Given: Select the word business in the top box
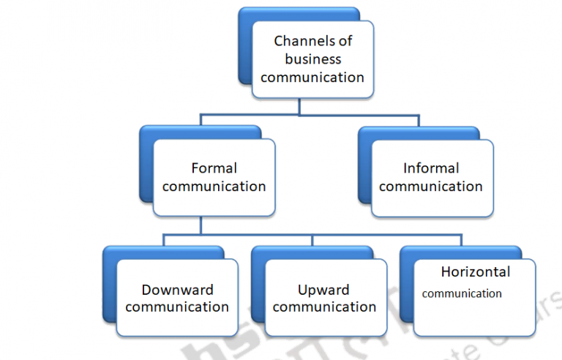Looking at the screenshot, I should click(312, 59).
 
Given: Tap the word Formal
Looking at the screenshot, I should click(214, 168).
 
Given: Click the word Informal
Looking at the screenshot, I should click(431, 168).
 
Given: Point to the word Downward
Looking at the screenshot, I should click(177, 290).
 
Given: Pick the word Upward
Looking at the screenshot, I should click(323, 290).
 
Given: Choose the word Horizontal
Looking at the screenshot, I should click(476, 272).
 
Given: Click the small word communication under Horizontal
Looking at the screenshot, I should click(462, 294).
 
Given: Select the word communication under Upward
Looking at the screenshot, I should click(324, 307).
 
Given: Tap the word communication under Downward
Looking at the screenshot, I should click(177, 307).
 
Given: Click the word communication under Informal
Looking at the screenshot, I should click(431, 187).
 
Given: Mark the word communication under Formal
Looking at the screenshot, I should click(214, 187).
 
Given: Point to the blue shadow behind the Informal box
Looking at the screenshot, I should click(364, 168).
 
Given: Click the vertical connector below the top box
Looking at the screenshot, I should click(299, 107).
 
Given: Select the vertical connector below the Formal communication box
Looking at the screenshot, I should click(201, 226).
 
